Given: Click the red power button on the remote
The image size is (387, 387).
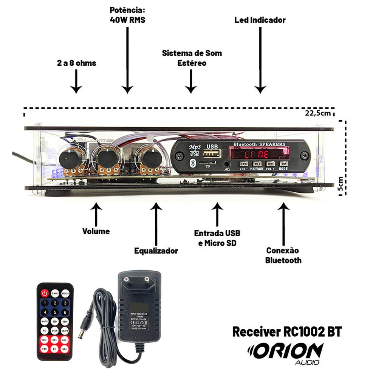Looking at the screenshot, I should point(45,293).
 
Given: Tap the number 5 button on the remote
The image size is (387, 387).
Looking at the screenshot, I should point(55,312).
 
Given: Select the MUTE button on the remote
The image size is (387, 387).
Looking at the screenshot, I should point(45,321).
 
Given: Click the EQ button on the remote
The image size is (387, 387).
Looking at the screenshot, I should point(45,330).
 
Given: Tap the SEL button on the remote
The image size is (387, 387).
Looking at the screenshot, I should point(55,340).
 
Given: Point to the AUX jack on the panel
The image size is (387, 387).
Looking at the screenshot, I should point(227,164).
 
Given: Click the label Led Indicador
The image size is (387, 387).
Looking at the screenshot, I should point(260,20).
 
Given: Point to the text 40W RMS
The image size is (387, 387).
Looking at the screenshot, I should point(127,20).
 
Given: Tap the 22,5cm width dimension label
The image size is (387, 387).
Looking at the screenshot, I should point(320,113).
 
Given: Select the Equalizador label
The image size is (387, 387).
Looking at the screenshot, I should point(156,251).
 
